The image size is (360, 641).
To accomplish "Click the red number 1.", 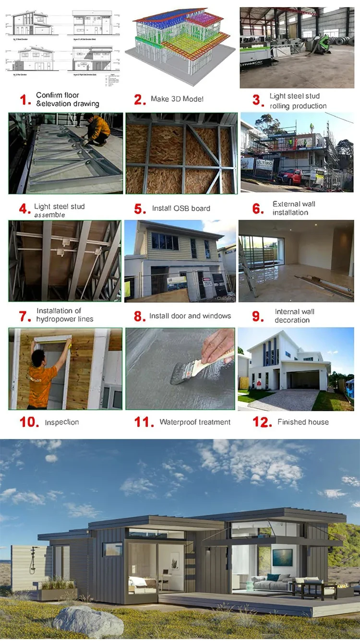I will (24, 100).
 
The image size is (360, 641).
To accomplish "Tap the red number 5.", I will (140, 209).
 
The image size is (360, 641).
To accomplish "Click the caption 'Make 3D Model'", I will (177, 99).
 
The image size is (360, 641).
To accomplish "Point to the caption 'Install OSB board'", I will (181, 208).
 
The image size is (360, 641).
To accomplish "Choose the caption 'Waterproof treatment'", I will (195, 422).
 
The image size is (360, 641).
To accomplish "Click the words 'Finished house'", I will (303, 422).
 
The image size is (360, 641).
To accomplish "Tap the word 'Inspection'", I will (62, 422).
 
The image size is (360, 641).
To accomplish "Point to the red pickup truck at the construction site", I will (293, 176).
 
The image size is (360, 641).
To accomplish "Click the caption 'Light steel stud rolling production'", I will (298, 101).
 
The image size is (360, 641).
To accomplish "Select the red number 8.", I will (139, 316).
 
